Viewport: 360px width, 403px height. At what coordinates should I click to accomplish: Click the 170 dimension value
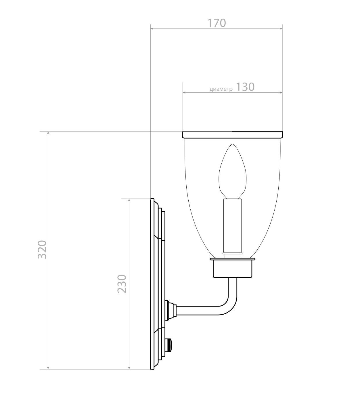(x=217, y=23)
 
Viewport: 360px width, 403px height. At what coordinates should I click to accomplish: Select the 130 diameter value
(x=245, y=87)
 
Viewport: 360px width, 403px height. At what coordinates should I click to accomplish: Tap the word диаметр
(x=221, y=89)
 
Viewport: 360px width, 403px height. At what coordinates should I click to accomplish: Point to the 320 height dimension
(x=42, y=249)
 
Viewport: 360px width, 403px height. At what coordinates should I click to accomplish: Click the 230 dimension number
(x=122, y=284)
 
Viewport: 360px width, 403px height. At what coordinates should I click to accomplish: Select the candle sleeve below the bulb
(x=233, y=225)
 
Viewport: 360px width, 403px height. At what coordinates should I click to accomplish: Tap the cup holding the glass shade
(x=232, y=268)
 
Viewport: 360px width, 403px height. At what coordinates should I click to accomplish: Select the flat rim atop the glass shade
(x=232, y=134)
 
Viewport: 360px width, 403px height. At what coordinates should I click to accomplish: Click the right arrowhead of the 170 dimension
(x=280, y=28)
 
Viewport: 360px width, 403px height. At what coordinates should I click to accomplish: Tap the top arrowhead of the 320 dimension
(x=48, y=133)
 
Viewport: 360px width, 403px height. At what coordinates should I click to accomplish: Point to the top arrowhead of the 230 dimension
(x=129, y=200)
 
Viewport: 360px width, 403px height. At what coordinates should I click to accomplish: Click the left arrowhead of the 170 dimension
(x=152, y=28)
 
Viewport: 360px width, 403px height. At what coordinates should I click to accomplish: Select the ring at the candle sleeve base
(x=232, y=254)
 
